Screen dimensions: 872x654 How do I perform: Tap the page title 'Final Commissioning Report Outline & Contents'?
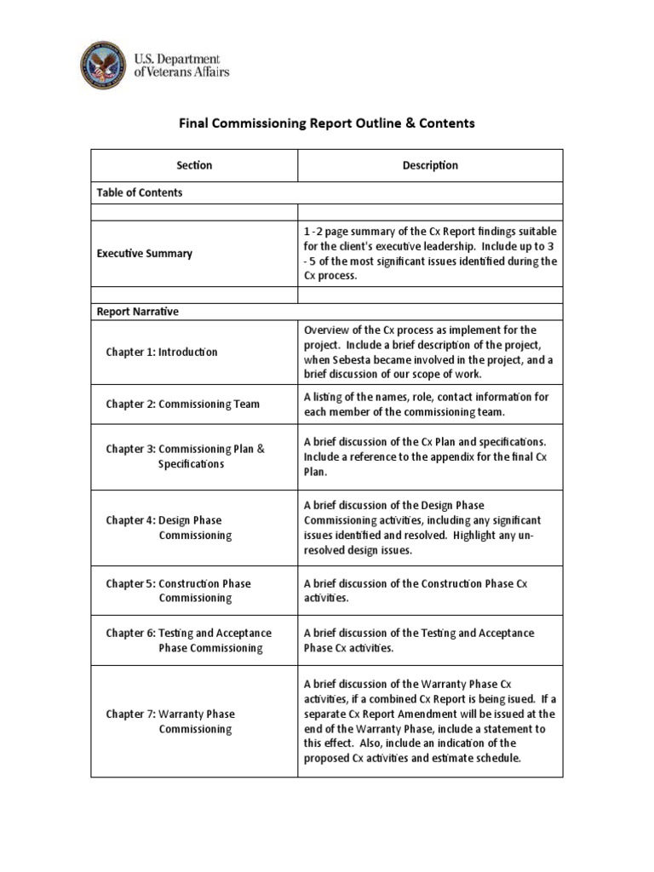pyautogui.click(x=326, y=123)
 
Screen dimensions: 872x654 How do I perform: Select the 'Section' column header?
pyautogui.click(x=194, y=165)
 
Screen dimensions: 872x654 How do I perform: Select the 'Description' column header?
pyautogui.click(x=430, y=165)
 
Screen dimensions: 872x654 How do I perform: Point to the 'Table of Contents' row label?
pyautogui.click(x=139, y=192)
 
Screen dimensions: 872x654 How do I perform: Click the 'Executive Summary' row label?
pyautogui.click(x=144, y=253)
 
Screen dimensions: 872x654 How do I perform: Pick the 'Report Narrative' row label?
pyautogui.click(x=136, y=312)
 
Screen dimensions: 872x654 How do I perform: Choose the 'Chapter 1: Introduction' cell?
pyautogui.click(x=162, y=352)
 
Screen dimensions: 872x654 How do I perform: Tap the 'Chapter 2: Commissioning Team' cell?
pyautogui.click(x=183, y=404)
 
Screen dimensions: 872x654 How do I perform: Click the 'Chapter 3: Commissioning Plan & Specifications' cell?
pyautogui.click(x=186, y=456)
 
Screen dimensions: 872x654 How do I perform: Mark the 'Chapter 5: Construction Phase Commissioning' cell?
pyautogui.click(x=178, y=591)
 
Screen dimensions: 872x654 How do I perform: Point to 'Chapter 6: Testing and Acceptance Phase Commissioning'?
pyautogui.click(x=189, y=640)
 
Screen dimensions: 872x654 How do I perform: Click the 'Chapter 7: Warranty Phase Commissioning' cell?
pyautogui.click(x=170, y=721)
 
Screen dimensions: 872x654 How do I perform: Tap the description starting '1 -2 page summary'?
pyautogui.click(x=430, y=253)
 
